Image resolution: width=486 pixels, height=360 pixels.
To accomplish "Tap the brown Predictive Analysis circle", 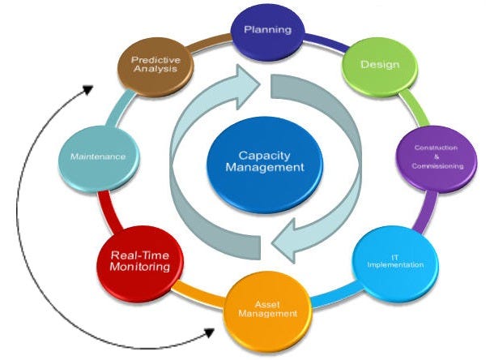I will point(155,66).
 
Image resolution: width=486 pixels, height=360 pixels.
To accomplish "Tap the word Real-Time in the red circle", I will point(140,254).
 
